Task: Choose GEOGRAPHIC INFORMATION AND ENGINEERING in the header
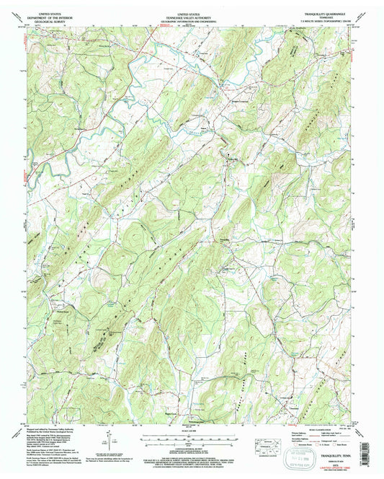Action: tap(192, 19)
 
